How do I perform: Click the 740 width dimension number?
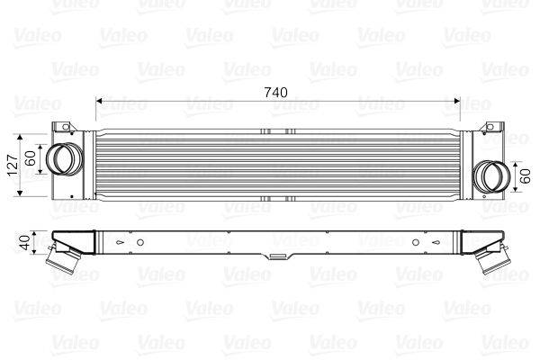[x=276, y=91]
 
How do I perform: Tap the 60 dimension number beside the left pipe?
[x=31, y=159]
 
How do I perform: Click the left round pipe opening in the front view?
[x=62, y=159]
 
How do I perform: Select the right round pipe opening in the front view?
[x=491, y=175]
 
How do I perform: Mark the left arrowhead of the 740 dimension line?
[x=99, y=101]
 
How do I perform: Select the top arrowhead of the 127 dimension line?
[x=20, y=133]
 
